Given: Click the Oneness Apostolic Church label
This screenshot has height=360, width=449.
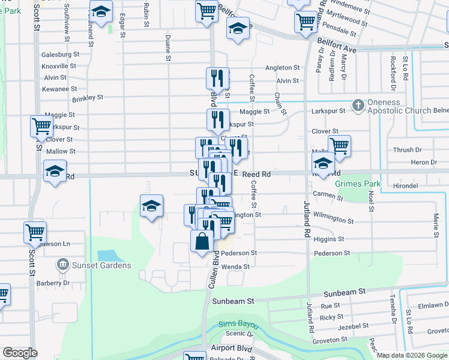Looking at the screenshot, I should pyautogui.click(x=400, y=106).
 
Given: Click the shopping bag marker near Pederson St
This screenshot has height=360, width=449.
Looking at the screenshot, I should pyautogui.click(x=202, y=242).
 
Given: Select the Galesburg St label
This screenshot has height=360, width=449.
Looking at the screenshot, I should pyautogui.click(x=60, y=54).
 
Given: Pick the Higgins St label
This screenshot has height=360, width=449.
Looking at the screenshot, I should pyautogui.click(x=329, y=239).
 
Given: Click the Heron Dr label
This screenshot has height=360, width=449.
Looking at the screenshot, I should pyautogui.click(x=424, y=162).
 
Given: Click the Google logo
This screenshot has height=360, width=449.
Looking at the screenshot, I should pyautogui.click(x=20, y=353).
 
